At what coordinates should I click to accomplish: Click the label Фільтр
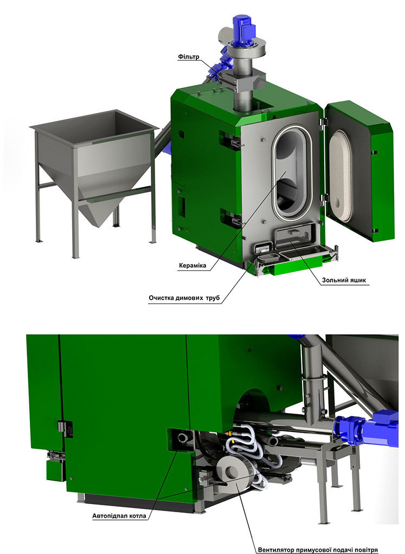(189, 56)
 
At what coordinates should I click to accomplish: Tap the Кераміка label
(192, 266)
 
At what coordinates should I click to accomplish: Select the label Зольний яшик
(344, 280)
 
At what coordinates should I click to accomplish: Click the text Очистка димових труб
(184, 298)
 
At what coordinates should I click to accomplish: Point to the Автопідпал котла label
(119, 516)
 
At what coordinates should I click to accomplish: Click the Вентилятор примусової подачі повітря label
(318, 550)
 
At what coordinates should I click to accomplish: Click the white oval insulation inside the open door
(340, 176)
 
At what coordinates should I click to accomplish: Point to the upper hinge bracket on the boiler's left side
(230, 140)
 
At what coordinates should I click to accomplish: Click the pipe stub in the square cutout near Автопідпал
(184, 438)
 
